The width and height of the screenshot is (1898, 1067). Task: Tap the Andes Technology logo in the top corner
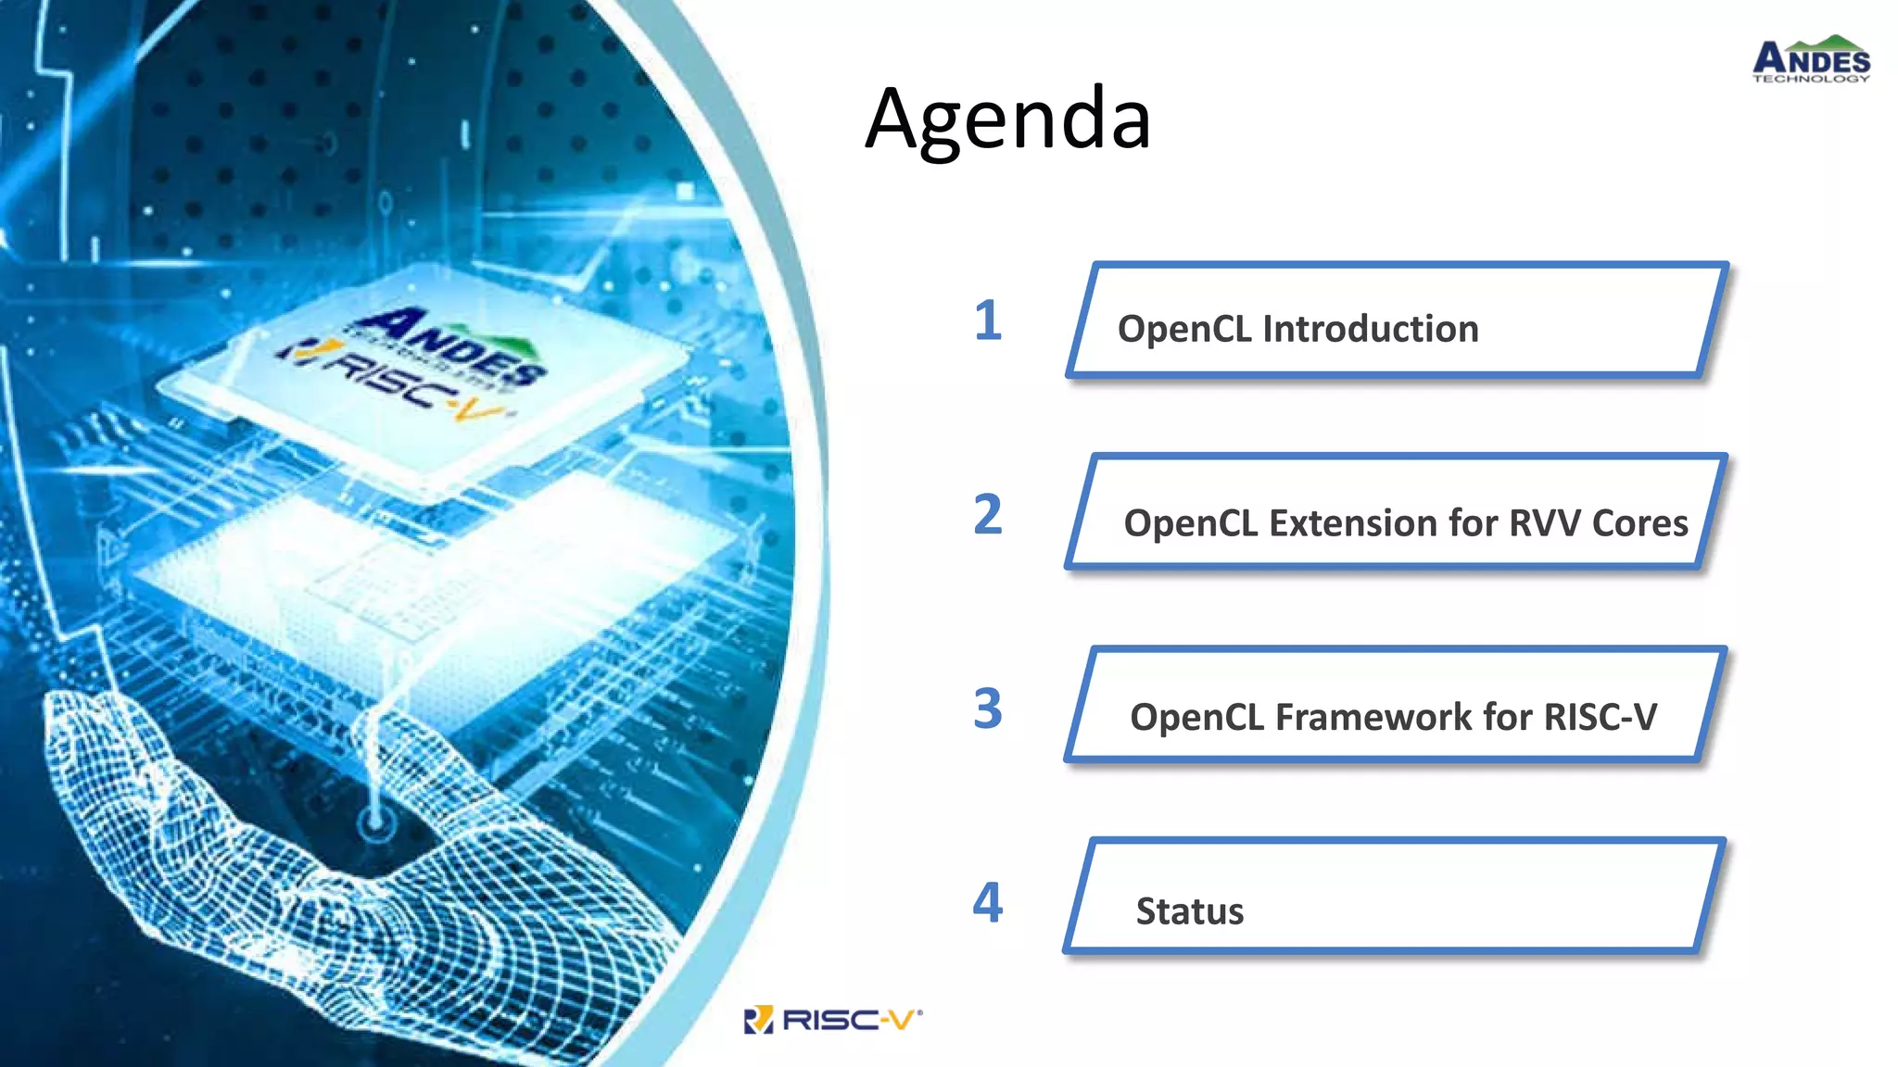[x=1811, y=60]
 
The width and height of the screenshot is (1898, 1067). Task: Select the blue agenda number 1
[x=988, y=321]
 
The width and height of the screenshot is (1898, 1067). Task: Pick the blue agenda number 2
[x=988, y=515]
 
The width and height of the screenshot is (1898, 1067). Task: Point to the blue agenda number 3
[x=988, y=709]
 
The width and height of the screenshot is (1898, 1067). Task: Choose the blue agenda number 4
[x=988, y=902]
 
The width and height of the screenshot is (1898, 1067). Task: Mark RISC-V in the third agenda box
[x=1600, y=718]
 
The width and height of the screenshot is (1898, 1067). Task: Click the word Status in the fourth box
[x=1190, y=911]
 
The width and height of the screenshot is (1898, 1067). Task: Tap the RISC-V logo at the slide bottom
[x=834, y=1020]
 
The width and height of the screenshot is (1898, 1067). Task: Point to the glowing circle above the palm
[x=376, y=821]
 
